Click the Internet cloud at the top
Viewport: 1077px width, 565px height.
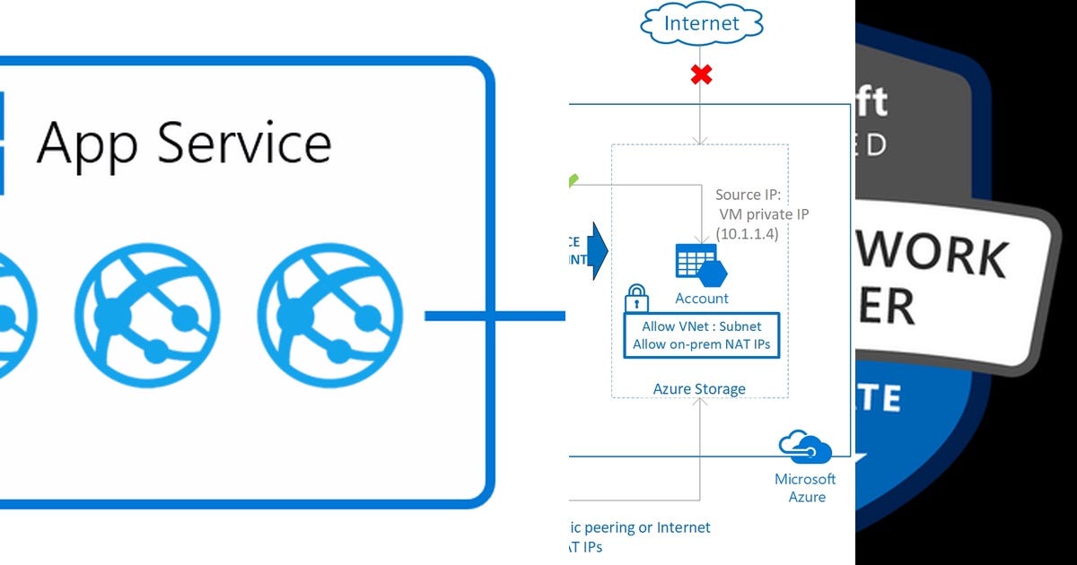701,23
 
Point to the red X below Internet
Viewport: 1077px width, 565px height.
701,74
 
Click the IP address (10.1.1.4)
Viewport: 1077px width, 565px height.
747,233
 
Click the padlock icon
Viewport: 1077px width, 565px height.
636,297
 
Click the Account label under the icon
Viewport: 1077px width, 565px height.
702,298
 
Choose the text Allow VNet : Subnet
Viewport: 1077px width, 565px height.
701,326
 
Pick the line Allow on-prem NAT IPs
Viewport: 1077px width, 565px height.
701,344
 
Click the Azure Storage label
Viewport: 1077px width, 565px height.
699,388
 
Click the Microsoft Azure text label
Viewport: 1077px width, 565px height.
805,488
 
